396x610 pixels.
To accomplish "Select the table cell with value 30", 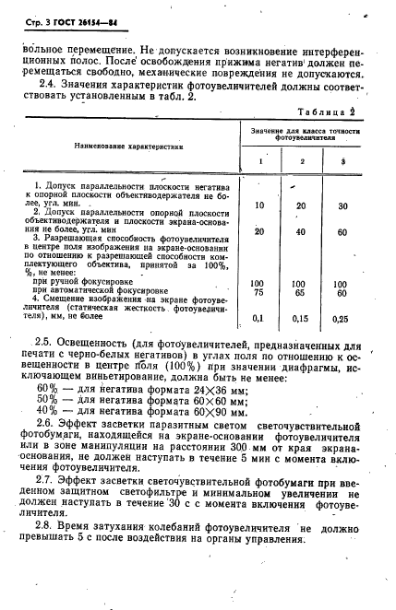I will [x=342, y=205].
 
